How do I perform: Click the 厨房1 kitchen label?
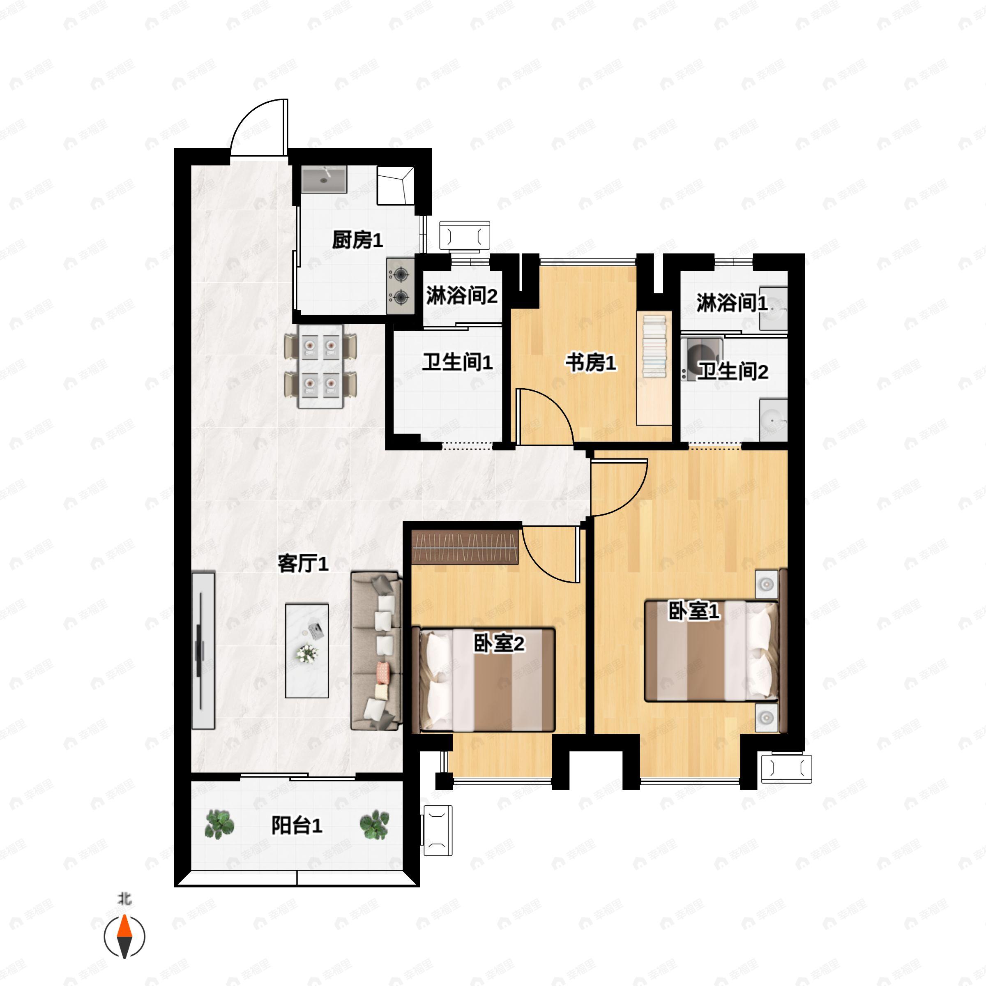pyautogui.click(x=357, y=240)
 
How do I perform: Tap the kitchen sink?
pyautogui.click(x=324, y=179)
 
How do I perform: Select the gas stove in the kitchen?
pyautogui.click(x=400, y=286)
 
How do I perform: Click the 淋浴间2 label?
pyautogui.click(x=462, y=295)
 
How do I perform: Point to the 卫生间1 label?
pyautogui.click(x=457, y=362)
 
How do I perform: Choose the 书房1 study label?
pyautogui.click(x=590, y=363)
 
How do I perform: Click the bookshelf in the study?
pyautogui.click(x=654, y=367)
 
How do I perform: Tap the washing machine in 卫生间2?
pyautogui.click(x=702, y=358)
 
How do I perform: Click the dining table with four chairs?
pyautogui.click(x=320, y=366)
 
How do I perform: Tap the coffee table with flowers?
pyautogui.click(x=307, y=651)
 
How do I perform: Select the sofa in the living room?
pyautogui.click(x=377, y=651)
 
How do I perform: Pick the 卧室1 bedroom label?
pyautogui.click(x=694, y=611)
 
